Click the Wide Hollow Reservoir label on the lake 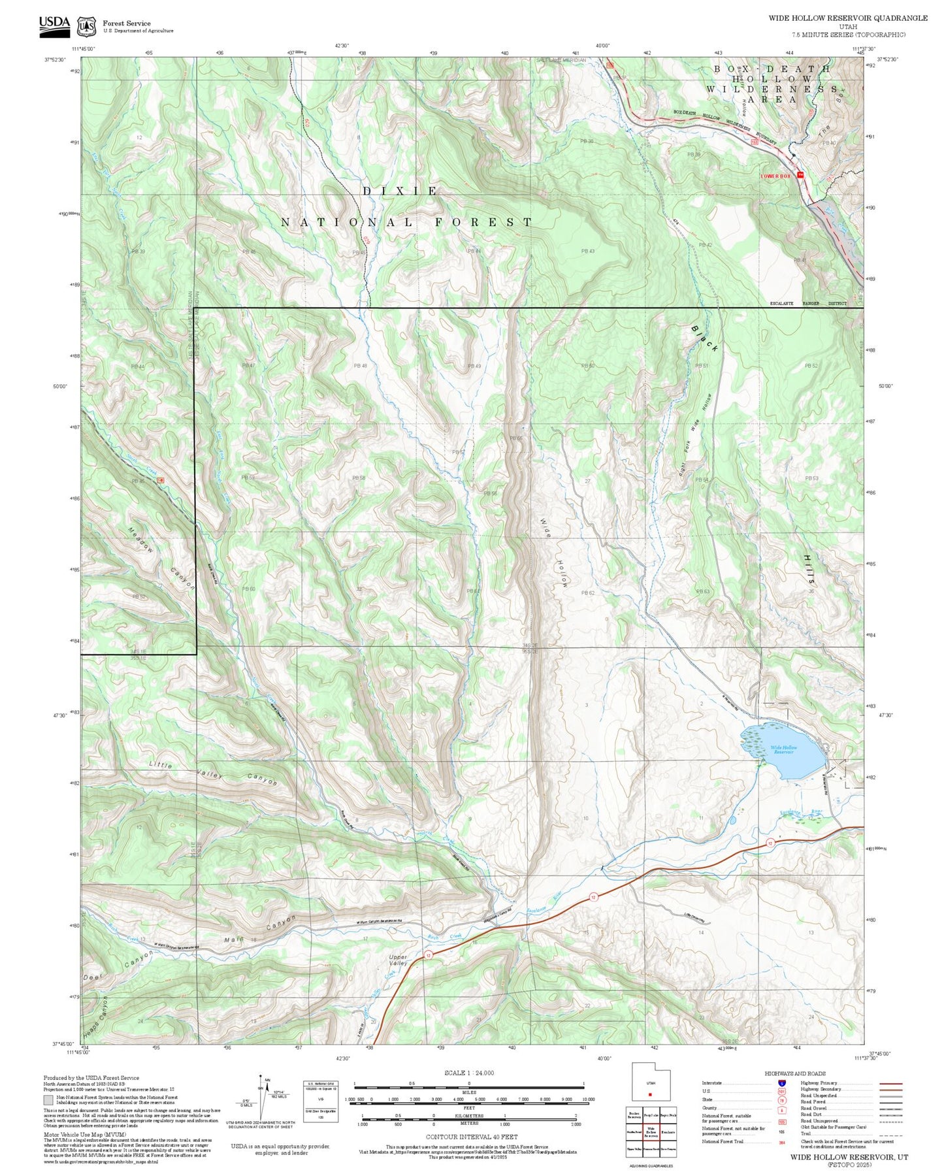[x=783, y=749]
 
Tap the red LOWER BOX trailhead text [x=775, y=176]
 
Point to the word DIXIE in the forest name [x=400, y=191]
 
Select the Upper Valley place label [x=398, y=960]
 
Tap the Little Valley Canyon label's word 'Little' [x=161, y=764]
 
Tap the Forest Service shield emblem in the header [x=86, y=27]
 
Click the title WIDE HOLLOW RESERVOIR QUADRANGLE [x=847, y=18]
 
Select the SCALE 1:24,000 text [x=468, y=1073]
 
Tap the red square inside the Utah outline [x=650, y=1095]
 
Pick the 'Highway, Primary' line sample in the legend [x=890, y=1083]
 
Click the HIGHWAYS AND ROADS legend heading [x=794, y=1073]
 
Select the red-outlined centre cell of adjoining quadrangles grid [x=650, y=1132]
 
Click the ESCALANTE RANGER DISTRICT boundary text [x=807, y=303]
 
